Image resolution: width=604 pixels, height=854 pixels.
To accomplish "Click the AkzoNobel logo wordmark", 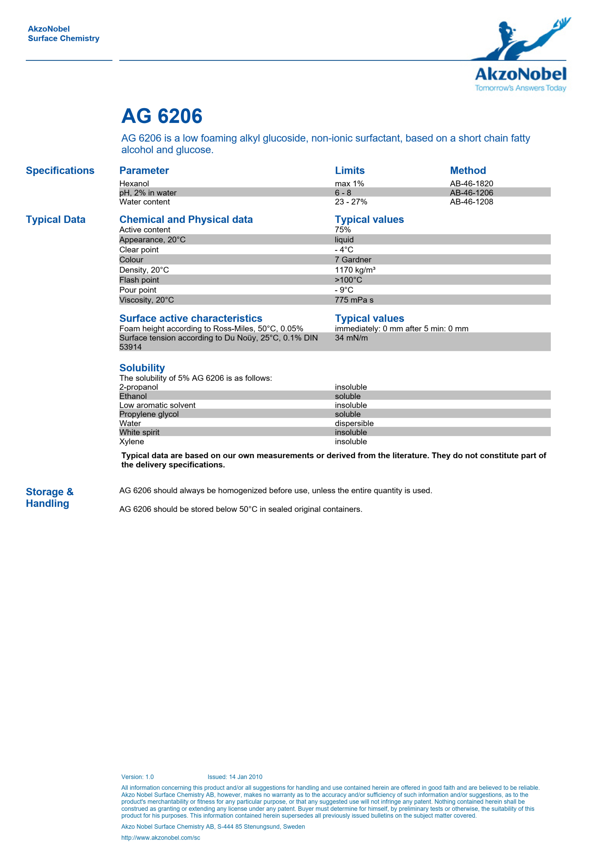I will tap(520, 75).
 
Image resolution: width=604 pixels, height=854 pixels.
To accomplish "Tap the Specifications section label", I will tap(60, 171).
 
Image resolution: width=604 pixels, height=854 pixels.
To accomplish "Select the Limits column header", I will tap(350, 171).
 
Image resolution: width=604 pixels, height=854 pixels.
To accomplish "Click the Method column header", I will tap(468, 171).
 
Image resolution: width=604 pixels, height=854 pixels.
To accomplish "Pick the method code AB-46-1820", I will tap(471, 184).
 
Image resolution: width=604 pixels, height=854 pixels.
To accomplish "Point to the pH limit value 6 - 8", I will tap(343, 193).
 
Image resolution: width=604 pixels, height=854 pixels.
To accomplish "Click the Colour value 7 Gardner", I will tap(353, 260).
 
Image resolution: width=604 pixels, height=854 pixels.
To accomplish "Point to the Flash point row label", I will tap(139, 280).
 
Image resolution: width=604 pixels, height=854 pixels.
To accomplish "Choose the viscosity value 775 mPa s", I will tap(354, 300).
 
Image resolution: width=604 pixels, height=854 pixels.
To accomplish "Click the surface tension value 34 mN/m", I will tap(351, 338).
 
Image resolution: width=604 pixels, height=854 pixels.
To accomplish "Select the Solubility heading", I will tap(142, 368).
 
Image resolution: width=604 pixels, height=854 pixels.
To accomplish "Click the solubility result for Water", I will tap(354, 423).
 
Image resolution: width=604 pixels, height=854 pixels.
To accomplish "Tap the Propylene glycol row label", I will tap(149, 414).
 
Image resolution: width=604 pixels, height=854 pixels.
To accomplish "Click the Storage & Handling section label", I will tap(49, 498).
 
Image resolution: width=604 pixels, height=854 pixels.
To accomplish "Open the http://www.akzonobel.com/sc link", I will tap(160, 838).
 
